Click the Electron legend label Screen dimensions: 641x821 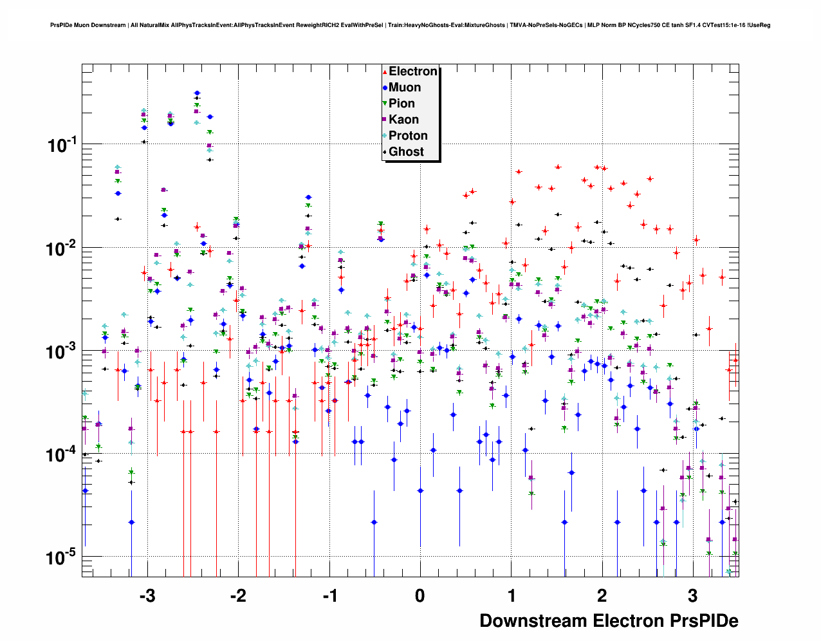(413, 71)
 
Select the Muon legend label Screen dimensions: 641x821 (405, 88)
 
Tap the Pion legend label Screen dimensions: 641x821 (401, 104)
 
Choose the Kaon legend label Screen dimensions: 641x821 (403, 120)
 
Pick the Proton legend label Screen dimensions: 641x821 (408, 136)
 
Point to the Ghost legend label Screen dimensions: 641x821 (406, 152)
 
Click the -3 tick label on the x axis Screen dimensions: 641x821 (147, 596)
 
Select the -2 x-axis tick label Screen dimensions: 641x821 (238, 596)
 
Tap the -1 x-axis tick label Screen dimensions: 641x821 (329, 596)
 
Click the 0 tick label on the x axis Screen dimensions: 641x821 (420, 596)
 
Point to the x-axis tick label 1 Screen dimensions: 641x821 (512, 596)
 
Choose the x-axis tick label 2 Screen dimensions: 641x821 (602, 596)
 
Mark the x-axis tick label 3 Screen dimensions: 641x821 (693, 596)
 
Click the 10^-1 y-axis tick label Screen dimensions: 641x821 (62, 145)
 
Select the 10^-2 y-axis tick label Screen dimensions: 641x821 (62, 248)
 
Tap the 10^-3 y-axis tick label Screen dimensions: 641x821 (62, 351)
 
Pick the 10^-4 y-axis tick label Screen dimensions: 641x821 (62, 454)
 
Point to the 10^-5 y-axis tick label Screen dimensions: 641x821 (62, 557)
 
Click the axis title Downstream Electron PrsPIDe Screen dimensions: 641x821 (609, 621)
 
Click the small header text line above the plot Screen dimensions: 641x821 (410, 25)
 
